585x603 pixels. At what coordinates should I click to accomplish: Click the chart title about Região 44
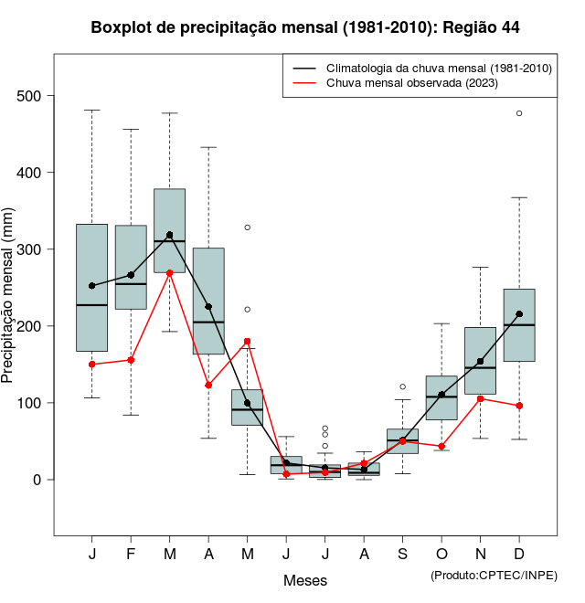tap(305, 27)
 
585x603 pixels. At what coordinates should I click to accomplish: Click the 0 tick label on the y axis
tap(39, 480)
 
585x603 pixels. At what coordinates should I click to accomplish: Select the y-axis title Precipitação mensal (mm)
tap(8, 305)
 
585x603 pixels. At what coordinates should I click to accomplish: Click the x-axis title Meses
tap(305, 580)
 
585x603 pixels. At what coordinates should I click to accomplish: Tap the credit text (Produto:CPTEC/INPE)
tap(494, 575)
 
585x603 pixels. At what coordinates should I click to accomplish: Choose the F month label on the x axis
tap(131, 555)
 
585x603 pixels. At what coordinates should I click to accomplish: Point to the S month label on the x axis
tap(402, 555)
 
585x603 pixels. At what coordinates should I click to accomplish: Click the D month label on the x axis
tap(519, 555)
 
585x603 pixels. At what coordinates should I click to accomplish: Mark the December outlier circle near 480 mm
tap(519, 113)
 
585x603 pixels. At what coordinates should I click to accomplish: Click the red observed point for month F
tap(131, 360)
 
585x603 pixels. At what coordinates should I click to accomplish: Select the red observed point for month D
tap(519, 406)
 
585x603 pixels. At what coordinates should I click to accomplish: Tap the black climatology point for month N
tap(480, 361)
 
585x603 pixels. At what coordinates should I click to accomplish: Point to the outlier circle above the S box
tap(402, 386)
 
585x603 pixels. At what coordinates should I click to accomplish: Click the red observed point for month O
tap(441, 447)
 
